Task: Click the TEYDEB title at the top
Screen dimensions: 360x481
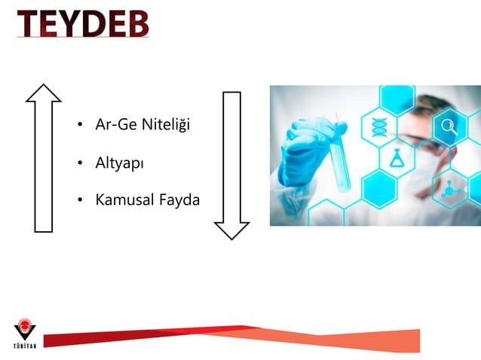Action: click(x=83, y=23)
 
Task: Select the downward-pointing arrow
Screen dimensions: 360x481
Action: click(x=231, y=165)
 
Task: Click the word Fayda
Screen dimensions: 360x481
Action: click(x=179, y=200)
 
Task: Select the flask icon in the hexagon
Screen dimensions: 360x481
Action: click(x=397, y=158)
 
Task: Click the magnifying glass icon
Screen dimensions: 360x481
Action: click(x=449, y=127)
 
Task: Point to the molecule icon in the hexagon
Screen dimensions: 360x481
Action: click(x=452, y=188)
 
